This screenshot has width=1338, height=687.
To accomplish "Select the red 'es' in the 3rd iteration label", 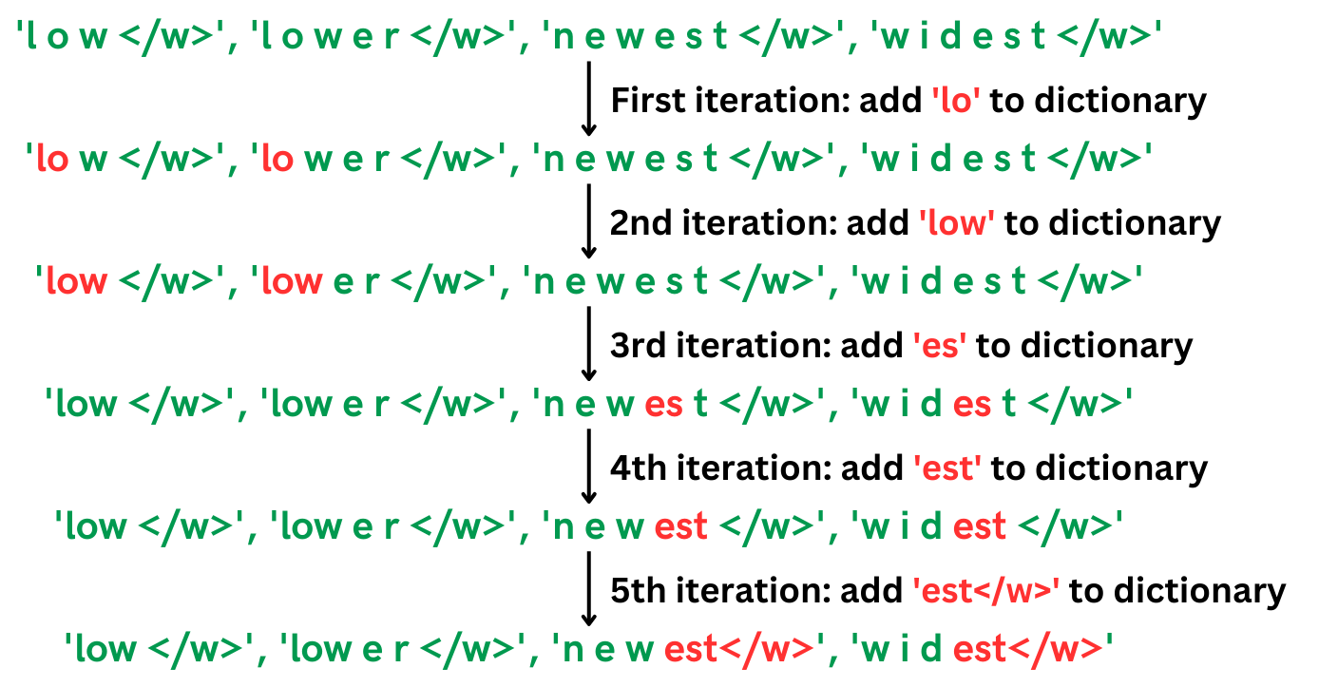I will [x=939, y=346].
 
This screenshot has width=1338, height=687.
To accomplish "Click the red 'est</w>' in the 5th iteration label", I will [x=985, y=591].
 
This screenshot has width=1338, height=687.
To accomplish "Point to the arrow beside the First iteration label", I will [x=588, y=99].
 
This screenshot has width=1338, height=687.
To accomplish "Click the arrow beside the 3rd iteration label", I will [x=588, y=344].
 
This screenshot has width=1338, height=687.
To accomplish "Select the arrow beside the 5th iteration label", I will [x=588, y=589].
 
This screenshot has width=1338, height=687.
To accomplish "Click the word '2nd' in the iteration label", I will [x=639, y=223].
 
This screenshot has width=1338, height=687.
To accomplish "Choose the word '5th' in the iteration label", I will [x=636, y=591].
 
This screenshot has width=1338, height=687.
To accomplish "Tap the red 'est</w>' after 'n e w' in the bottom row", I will [x=739, y=650].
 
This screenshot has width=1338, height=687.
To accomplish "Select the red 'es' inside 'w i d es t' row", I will [x=971, y=405].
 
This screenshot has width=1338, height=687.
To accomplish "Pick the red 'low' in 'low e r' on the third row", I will [x=290, y=282].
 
